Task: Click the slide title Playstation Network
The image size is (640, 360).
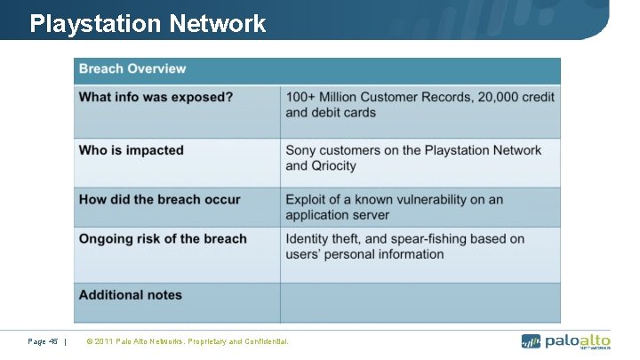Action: (x=148, y=23)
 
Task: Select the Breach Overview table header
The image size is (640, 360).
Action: (x=132, y=69)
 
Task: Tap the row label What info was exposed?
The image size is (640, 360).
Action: (x=156, y=97)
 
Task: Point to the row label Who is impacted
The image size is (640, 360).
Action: (x=132, y=150)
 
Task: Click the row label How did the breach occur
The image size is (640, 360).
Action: (x=160, y=199)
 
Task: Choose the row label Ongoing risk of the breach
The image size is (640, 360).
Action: (x=163, y=238)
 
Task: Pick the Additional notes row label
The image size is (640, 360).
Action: (x=130, y=294)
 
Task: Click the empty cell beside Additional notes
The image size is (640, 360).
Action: (x=420, y=302)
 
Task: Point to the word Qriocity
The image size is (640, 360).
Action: (x=333, y=165)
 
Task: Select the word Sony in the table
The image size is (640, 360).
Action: (x=301, y=150)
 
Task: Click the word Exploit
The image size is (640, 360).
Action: (x=307, y=199)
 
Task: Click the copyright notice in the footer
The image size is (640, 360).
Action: (x=187, y=341)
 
